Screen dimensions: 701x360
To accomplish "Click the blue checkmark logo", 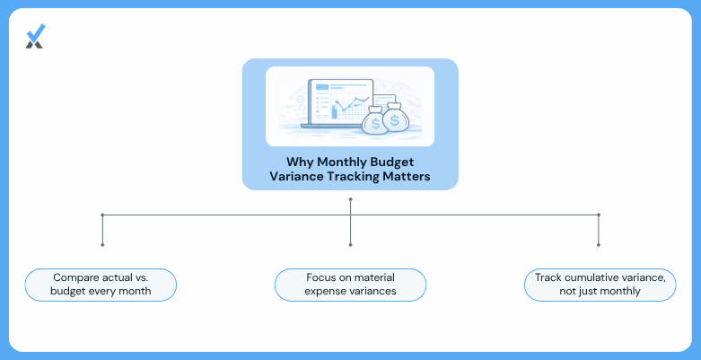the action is coord(35,36).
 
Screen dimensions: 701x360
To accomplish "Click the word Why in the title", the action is coord(300,162).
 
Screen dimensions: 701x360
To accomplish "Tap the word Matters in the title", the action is coord(407,176).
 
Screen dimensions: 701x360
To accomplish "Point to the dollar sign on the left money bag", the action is coord(375,124).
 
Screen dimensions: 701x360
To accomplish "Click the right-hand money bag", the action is coord(394,118).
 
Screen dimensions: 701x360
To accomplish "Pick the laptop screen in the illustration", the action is coord(341,101).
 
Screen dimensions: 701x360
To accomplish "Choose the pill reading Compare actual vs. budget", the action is coord(101,285).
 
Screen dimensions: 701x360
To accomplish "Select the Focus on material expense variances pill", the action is coord(350,285).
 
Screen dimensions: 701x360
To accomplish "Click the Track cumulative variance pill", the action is coord(600,285).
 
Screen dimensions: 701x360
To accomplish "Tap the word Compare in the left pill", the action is coord(72,277).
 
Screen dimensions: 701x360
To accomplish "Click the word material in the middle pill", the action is coord(374,277).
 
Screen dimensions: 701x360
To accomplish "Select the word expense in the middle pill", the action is coord(322,291).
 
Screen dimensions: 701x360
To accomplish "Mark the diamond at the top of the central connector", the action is coord(350,199).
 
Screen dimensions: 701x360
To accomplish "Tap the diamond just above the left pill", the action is coord(102,245).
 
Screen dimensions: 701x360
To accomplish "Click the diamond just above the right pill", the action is coord(598,245).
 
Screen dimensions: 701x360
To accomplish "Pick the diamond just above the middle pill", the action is coord(350,245).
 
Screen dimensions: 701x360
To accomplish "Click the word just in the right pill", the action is coord(586,291).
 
